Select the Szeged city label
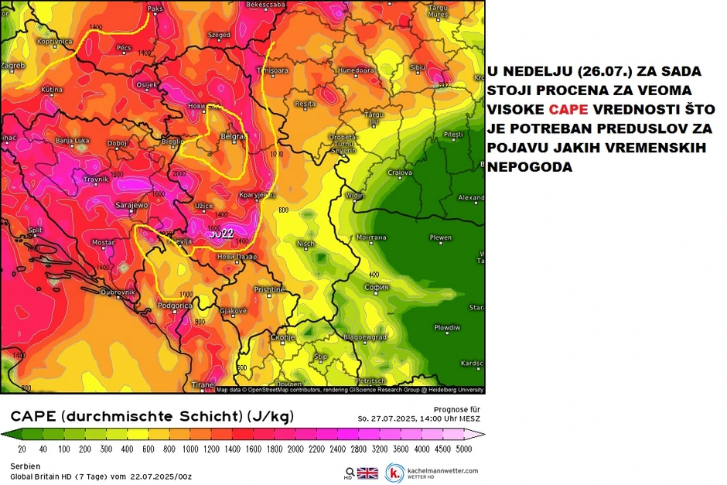219,35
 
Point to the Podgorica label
175,306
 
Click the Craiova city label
400,172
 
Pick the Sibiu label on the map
418,67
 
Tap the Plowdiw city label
446,327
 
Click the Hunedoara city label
356,69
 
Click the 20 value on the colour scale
22,448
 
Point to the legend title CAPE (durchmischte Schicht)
152,417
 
